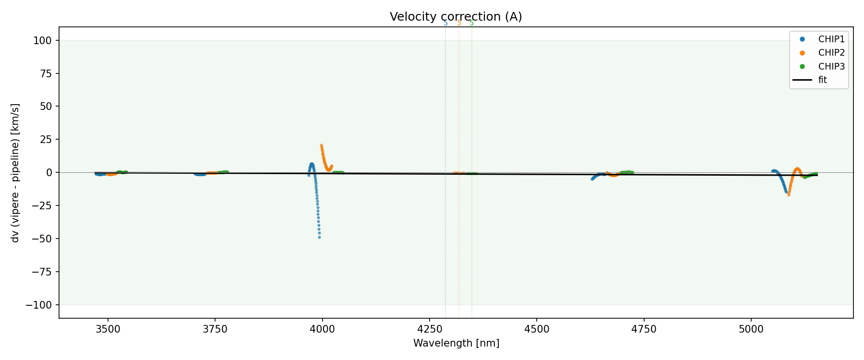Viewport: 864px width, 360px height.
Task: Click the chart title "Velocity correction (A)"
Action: click(x=456, y=17)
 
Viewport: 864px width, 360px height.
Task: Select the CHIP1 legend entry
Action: click(x=831, y=39)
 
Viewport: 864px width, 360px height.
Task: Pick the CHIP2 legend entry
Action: click(x=831, y=53)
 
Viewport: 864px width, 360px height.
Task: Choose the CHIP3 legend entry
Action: click(x=831, y=67)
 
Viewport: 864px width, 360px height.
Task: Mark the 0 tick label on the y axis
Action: click(x=50, y=172)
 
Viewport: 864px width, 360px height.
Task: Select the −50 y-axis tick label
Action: click(x=43, y=239)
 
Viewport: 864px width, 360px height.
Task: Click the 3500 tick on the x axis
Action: click(x=108, y=329)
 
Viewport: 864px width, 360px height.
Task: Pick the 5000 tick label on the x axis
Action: click(x=751, y=329)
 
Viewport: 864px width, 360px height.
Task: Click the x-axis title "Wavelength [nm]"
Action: click(x=456, y=343)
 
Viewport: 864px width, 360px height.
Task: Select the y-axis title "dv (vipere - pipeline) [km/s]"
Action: click(x=15, y=172)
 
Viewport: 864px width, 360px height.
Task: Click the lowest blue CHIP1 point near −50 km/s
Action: click(x=319, y=237)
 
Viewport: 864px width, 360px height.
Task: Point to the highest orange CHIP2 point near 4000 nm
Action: click(x=321, y=145)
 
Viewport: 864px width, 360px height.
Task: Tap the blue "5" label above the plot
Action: click(x=445, y=23)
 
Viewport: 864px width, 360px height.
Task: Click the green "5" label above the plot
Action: click(x=471, y=23)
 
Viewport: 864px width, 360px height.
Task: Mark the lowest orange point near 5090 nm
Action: click(x=789, y=195)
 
